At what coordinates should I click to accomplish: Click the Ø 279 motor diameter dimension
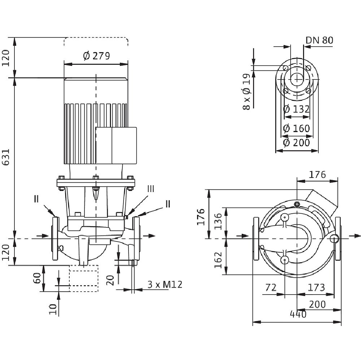96,56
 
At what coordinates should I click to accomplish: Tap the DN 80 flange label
319,40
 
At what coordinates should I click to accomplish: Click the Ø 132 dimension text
297,109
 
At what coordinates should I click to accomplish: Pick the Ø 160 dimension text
297,128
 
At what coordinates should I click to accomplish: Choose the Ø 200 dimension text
297,143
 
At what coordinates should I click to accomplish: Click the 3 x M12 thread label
165,284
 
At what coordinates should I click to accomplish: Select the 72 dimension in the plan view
271,288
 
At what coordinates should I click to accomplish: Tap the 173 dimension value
316,288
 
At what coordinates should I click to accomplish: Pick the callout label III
151,189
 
